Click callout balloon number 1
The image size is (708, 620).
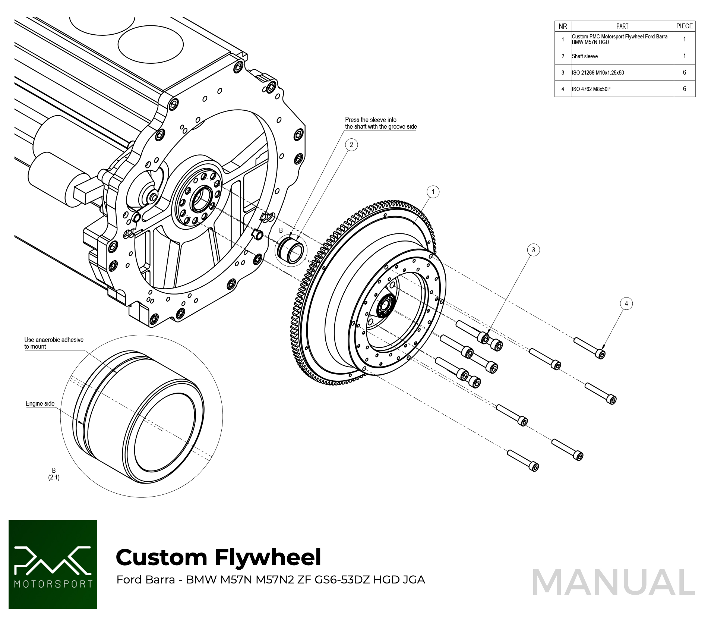433,192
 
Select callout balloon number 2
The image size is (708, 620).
351,145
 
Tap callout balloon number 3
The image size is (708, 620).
533,250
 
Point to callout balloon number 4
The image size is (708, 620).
626,303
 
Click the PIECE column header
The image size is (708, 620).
684,26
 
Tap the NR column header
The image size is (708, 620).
563,26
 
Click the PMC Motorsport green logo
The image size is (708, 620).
53,564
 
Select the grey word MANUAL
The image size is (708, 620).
613,582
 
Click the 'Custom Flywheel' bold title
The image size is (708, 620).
218,557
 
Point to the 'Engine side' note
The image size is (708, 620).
40,403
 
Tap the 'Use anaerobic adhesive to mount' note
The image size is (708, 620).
54,343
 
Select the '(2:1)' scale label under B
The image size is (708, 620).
54,478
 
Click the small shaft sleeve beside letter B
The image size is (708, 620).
291,250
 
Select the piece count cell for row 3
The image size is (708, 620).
684,73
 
